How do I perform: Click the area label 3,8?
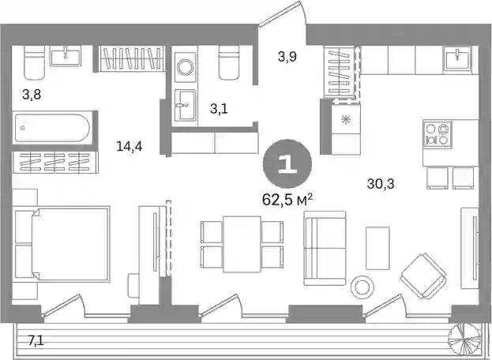pyautogui.click(x=32, y=94)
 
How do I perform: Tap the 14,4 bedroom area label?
pyautogui.click(x=130, y=146)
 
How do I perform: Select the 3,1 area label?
pyautogui.click(x=219, y=109)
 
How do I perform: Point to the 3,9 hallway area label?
pyautogui.click(x=287, y=57)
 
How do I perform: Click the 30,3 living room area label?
pyautogui.click(x=381, y=183)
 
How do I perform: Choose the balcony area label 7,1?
pyautogui.click(x=36, y=340)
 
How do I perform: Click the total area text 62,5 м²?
pyautogui.click(x=287, y=200)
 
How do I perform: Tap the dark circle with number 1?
pyautogui.click(x=287, y=164)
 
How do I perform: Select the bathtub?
pyautogui.click(x=53, y=128)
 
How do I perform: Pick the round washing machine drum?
pyautogui.click(x=185, y=67)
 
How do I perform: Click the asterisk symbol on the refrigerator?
pyautogui.click(x=346, y=119)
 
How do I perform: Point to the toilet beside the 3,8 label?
pyautogui.click(x=34, y=62)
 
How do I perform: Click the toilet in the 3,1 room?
pyautogui.click(x=229, y=62)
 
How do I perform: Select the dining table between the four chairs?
pyautogui.click(x=242, y=244)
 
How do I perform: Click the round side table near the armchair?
pyautogui.click(x=362, y=287)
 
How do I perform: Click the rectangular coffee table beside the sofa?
pyautogui.click(x=377, y=248)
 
